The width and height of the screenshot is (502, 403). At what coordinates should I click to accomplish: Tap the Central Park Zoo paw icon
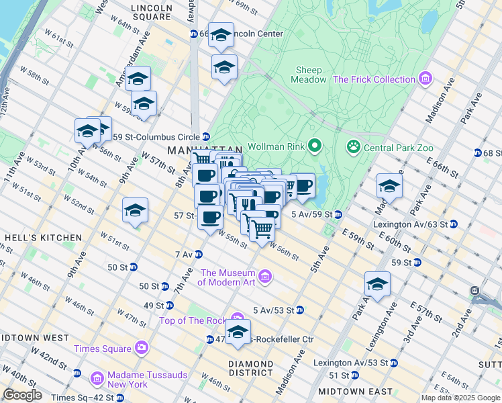coord(353,146)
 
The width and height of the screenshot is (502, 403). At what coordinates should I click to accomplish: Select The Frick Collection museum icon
coord(424,79)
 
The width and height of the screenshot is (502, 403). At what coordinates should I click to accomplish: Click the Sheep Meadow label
coord(309,75)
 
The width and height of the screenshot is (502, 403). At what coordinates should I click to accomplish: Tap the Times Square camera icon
coord(142,348)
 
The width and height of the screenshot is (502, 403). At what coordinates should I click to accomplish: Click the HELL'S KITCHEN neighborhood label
coord(42,238)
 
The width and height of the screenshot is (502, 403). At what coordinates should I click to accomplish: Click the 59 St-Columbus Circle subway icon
coord(206,137)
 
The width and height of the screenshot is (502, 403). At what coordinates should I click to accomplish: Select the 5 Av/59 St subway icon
coord(338,214)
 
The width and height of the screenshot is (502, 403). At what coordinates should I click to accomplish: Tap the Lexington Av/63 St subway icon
coord(454,224)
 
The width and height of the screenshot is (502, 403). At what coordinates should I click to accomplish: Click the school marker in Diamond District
coord(238,332)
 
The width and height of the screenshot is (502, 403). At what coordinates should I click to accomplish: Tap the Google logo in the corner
coord(22,395)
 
